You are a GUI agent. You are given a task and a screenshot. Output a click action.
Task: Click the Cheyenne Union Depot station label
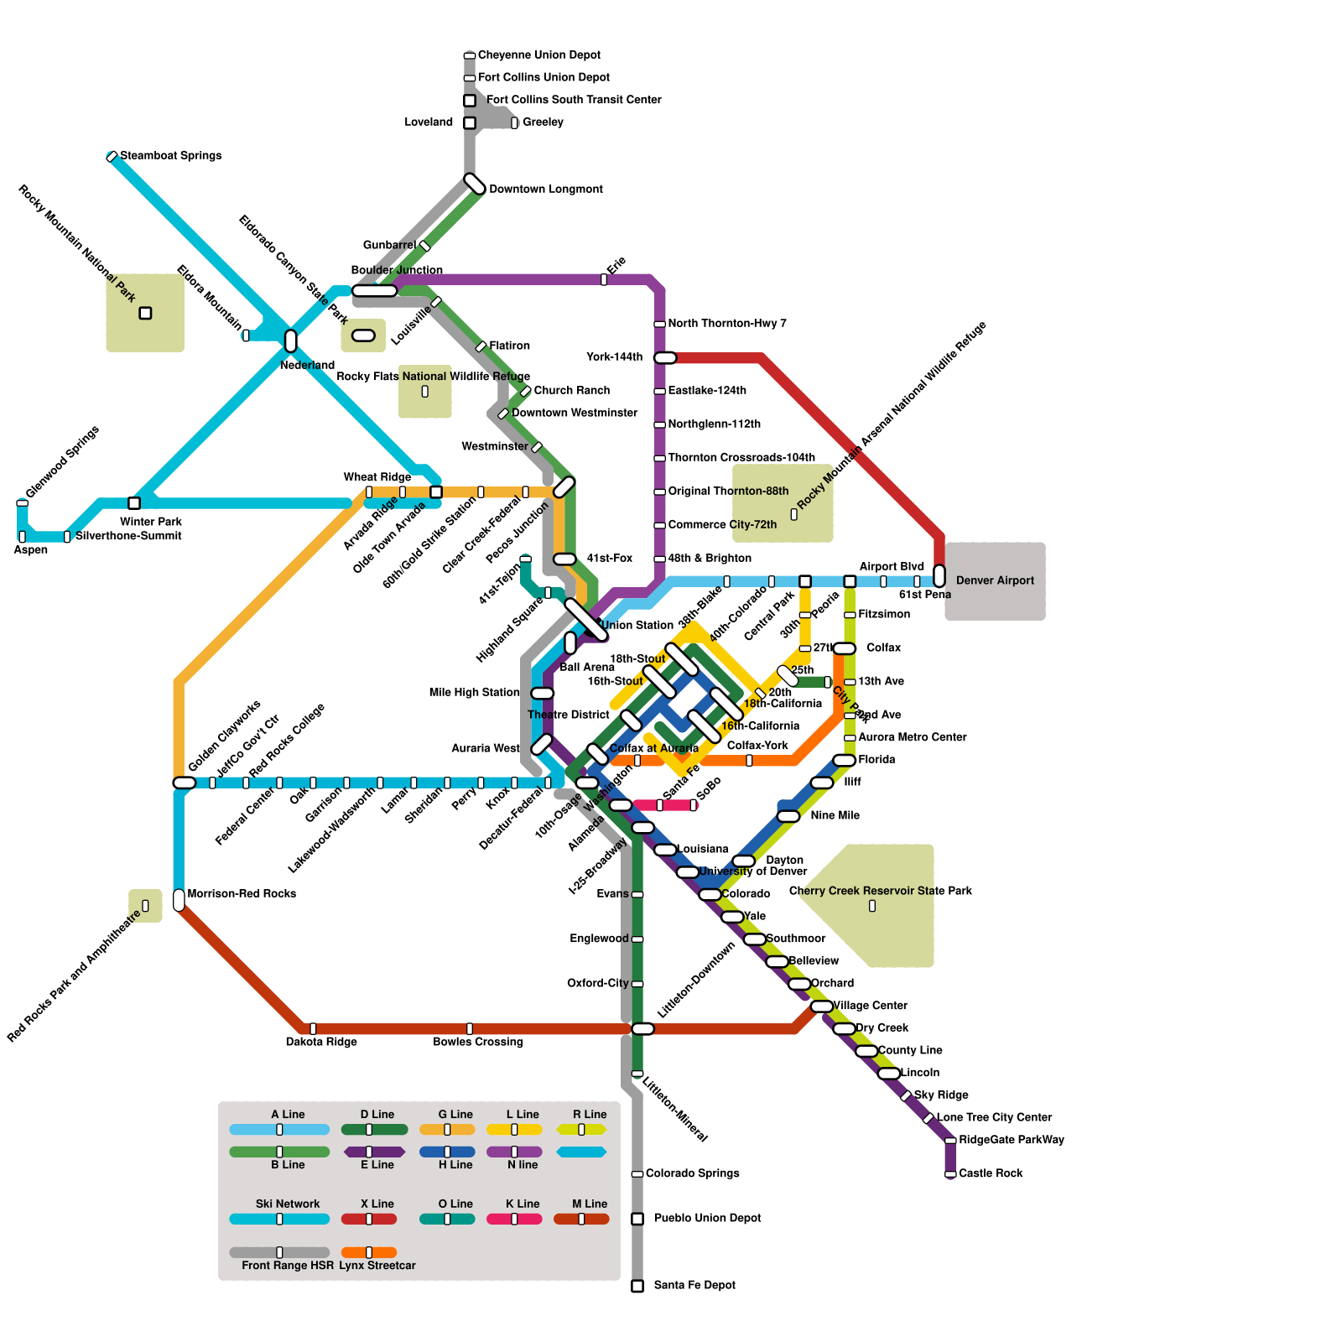pyautogui.click(x=538, y=55)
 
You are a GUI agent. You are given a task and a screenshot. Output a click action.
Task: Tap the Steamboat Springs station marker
pyautogui.click(x=112, y=157)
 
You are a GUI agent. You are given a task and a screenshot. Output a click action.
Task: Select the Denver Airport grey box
pyautogui.click(x=995, y=580)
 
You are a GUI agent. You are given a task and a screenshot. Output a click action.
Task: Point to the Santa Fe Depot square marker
pyautogui.click(x=637, y=1286)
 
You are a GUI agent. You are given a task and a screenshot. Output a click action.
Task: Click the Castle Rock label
pyautogui.click(x=991, y=1173)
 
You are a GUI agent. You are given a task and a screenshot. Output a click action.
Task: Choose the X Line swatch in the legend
pyautogui.click(x=369, y=1219)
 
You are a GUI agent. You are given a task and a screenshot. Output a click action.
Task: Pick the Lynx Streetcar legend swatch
pyautogui.click(x=369, y=1252)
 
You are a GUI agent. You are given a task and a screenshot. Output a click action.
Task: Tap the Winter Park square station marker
pyautogui.click(x=134, y=503)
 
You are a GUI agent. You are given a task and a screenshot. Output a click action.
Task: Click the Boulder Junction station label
pyautogui.click(x=397, y=270)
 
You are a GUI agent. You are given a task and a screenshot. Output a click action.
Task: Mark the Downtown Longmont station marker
pyautogui.click(x=475, y=185)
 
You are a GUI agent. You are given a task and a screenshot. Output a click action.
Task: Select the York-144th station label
pyautogui.click(x=615, y=357)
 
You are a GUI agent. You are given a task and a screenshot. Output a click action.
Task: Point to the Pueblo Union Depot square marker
pyautogui.click(x=637, y=1219)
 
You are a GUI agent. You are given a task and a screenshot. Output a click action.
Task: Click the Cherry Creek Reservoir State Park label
pyautogui.click(x=881, y=891)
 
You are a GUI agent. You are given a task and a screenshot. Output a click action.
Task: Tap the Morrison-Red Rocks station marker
pyautogui.click(x=179, y=900)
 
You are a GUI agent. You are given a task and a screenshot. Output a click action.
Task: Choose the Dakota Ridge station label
pyautogui.click(x=321, y=1043)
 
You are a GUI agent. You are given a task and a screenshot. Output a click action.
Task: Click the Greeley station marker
pyautogui.click(x=515, y=123)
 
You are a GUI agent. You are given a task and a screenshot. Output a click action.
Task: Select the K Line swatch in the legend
pyautogui.click(x=514, y=1219)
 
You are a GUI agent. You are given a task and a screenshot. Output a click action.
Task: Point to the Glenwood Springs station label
pyautogui.click(x=63, y=462)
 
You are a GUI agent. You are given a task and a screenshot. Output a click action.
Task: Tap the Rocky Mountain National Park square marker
pyautogui.click(x=145, y=313)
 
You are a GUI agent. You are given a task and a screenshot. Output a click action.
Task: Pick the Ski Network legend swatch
pyautogui.click(x=279, y=1219)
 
